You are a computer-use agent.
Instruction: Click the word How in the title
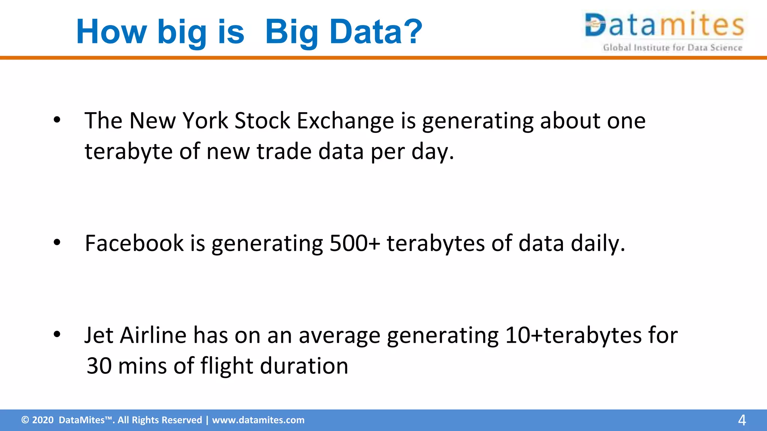[x=111, y=32]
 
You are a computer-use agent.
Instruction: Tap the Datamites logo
[x=664, y=25]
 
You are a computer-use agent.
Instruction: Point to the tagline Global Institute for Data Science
[x=672, y=48]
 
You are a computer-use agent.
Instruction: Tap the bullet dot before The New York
[x=57, y=120]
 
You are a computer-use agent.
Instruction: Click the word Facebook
[x=134, y=244]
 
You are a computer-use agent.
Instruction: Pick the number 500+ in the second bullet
[x=354, y=244]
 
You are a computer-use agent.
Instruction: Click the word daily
[x=598, y=244]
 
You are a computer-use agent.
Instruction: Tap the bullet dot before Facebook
[x=57, y=242]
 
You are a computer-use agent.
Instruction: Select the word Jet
[x=98, y=335]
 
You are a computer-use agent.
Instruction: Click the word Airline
[x=153, y=335]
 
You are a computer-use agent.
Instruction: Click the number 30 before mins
[x=99, y=366]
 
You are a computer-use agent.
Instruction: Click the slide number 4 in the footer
[x=742, y=420]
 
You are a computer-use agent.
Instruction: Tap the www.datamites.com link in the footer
[x=258, y=420]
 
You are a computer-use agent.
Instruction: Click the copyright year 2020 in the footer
[x=43, y=420]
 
